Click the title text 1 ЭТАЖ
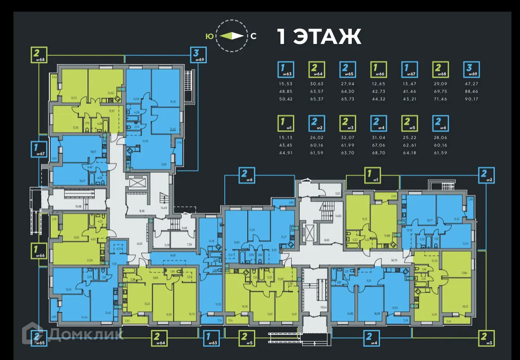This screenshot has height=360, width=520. (x=319, y=37)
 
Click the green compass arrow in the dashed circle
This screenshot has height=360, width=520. (x=232, y=36)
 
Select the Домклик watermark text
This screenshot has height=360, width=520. (x=86, y=334)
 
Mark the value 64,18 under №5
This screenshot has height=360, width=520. (x=409, y=153)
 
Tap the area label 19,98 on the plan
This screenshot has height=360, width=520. (x=79, y=206)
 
